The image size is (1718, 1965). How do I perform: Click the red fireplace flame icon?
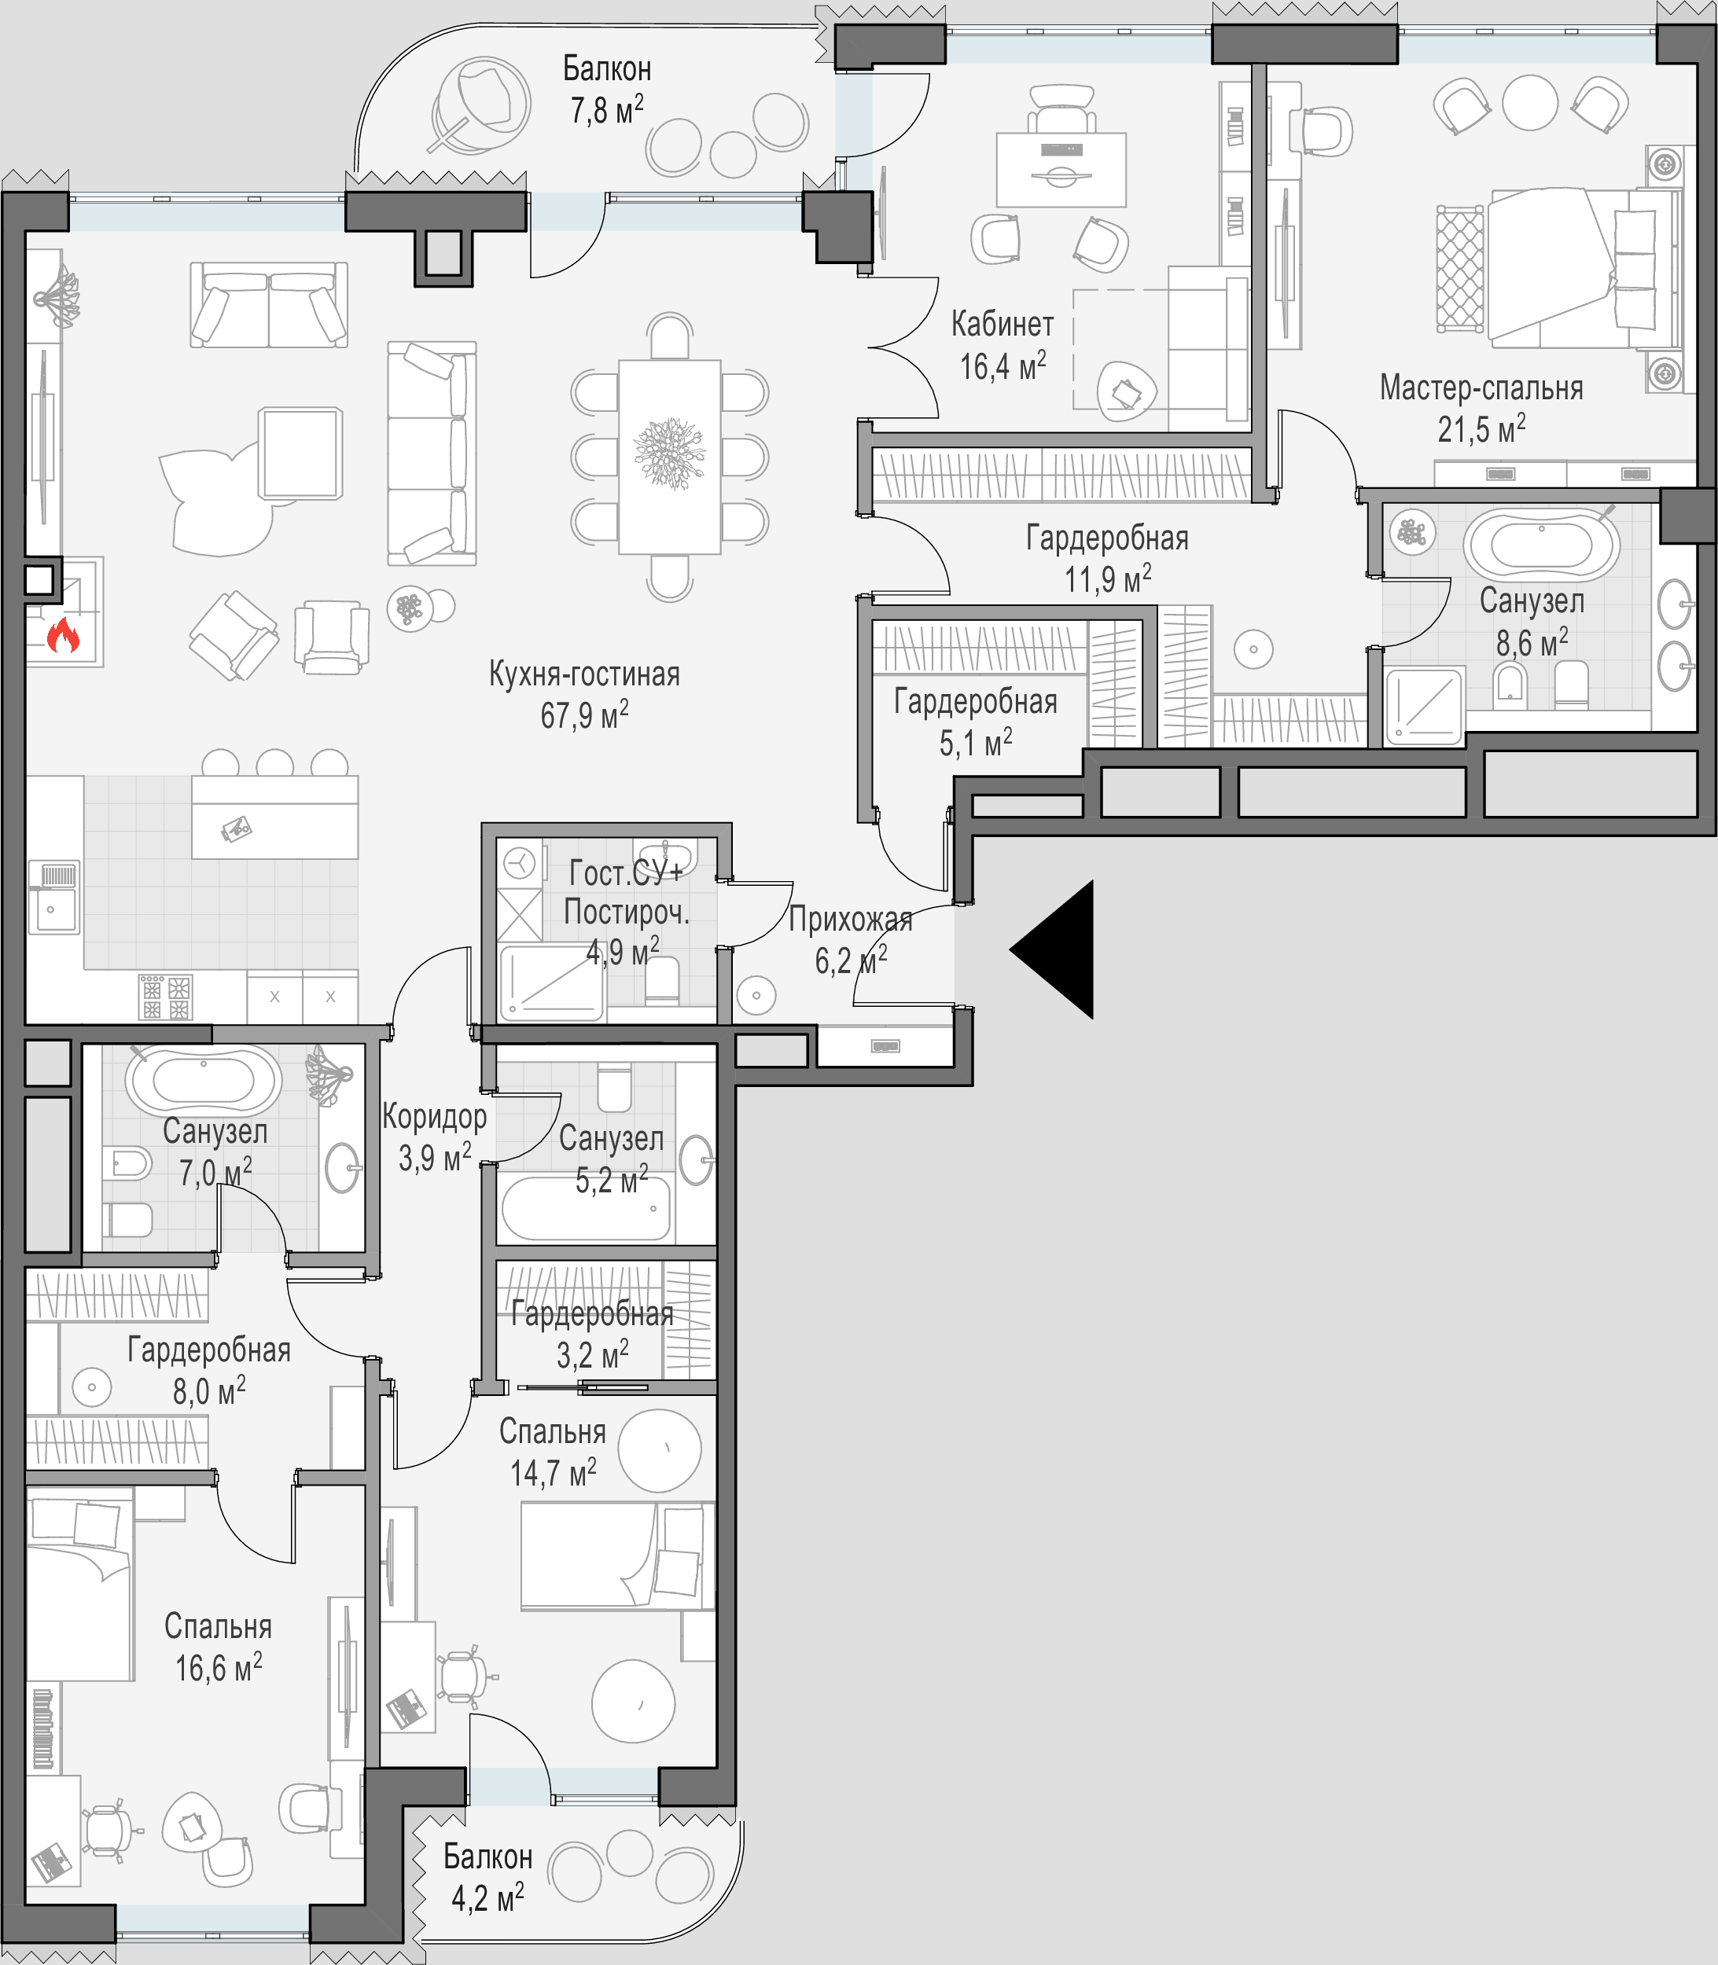(63, 634)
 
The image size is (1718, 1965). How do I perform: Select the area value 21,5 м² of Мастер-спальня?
(1481, 428)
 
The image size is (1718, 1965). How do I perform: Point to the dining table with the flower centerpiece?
(669, 457)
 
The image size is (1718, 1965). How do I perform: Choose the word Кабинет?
(1002, 324)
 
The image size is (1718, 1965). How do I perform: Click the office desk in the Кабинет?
(1061, 170)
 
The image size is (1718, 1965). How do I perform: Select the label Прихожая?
(851, 920)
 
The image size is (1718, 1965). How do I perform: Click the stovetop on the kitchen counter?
(165, 997)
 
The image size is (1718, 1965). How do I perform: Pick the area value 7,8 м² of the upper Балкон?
(607, 109)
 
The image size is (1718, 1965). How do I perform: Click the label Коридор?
(434, 1117)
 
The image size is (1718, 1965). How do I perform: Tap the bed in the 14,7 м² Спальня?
(617, 1555)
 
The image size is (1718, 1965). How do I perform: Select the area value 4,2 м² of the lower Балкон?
(488, 1897)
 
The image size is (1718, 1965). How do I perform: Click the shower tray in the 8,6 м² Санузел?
(1425, 707)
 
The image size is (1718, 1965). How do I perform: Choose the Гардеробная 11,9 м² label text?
(1107, 558)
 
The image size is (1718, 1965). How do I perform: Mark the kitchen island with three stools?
(275, 817)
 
